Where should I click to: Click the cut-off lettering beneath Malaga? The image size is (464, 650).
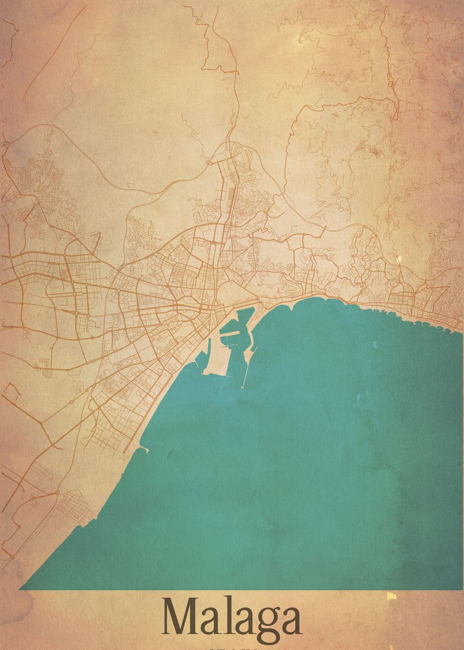pyautogui.click(x=232, y=647)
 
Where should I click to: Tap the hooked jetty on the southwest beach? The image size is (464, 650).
pyautogui.click(x=143, y=448)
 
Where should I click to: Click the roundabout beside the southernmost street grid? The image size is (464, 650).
pyautogui.click(x=57, y=493)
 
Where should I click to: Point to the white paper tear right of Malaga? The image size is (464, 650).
pyautogui.click(x=391, y=596)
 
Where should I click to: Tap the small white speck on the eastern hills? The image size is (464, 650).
pyautogui.click(x=399, y=259)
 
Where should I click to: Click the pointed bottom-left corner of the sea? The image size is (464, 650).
pyautogui.click(x=22, y=588)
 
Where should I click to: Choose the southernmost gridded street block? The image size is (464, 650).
pyautogui.click(x=73, y=506)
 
